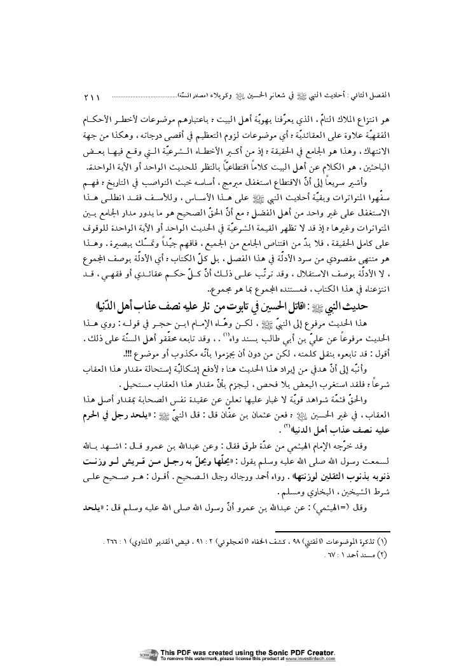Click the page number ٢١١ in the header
point(93,97)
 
